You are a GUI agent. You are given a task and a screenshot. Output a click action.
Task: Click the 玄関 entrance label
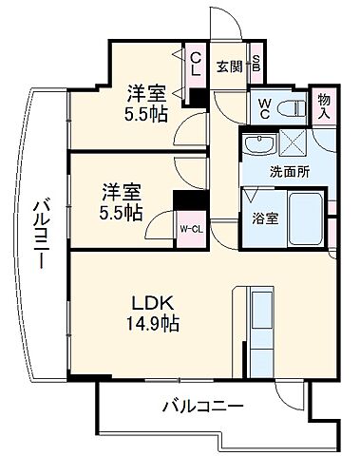[x=229, y=66]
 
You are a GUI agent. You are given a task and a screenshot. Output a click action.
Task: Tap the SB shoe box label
[x=256, y=66]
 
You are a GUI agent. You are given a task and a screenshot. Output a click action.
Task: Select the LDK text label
[x=150, y=303]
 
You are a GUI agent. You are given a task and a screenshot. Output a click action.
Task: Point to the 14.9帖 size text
[x=150, y=323]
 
